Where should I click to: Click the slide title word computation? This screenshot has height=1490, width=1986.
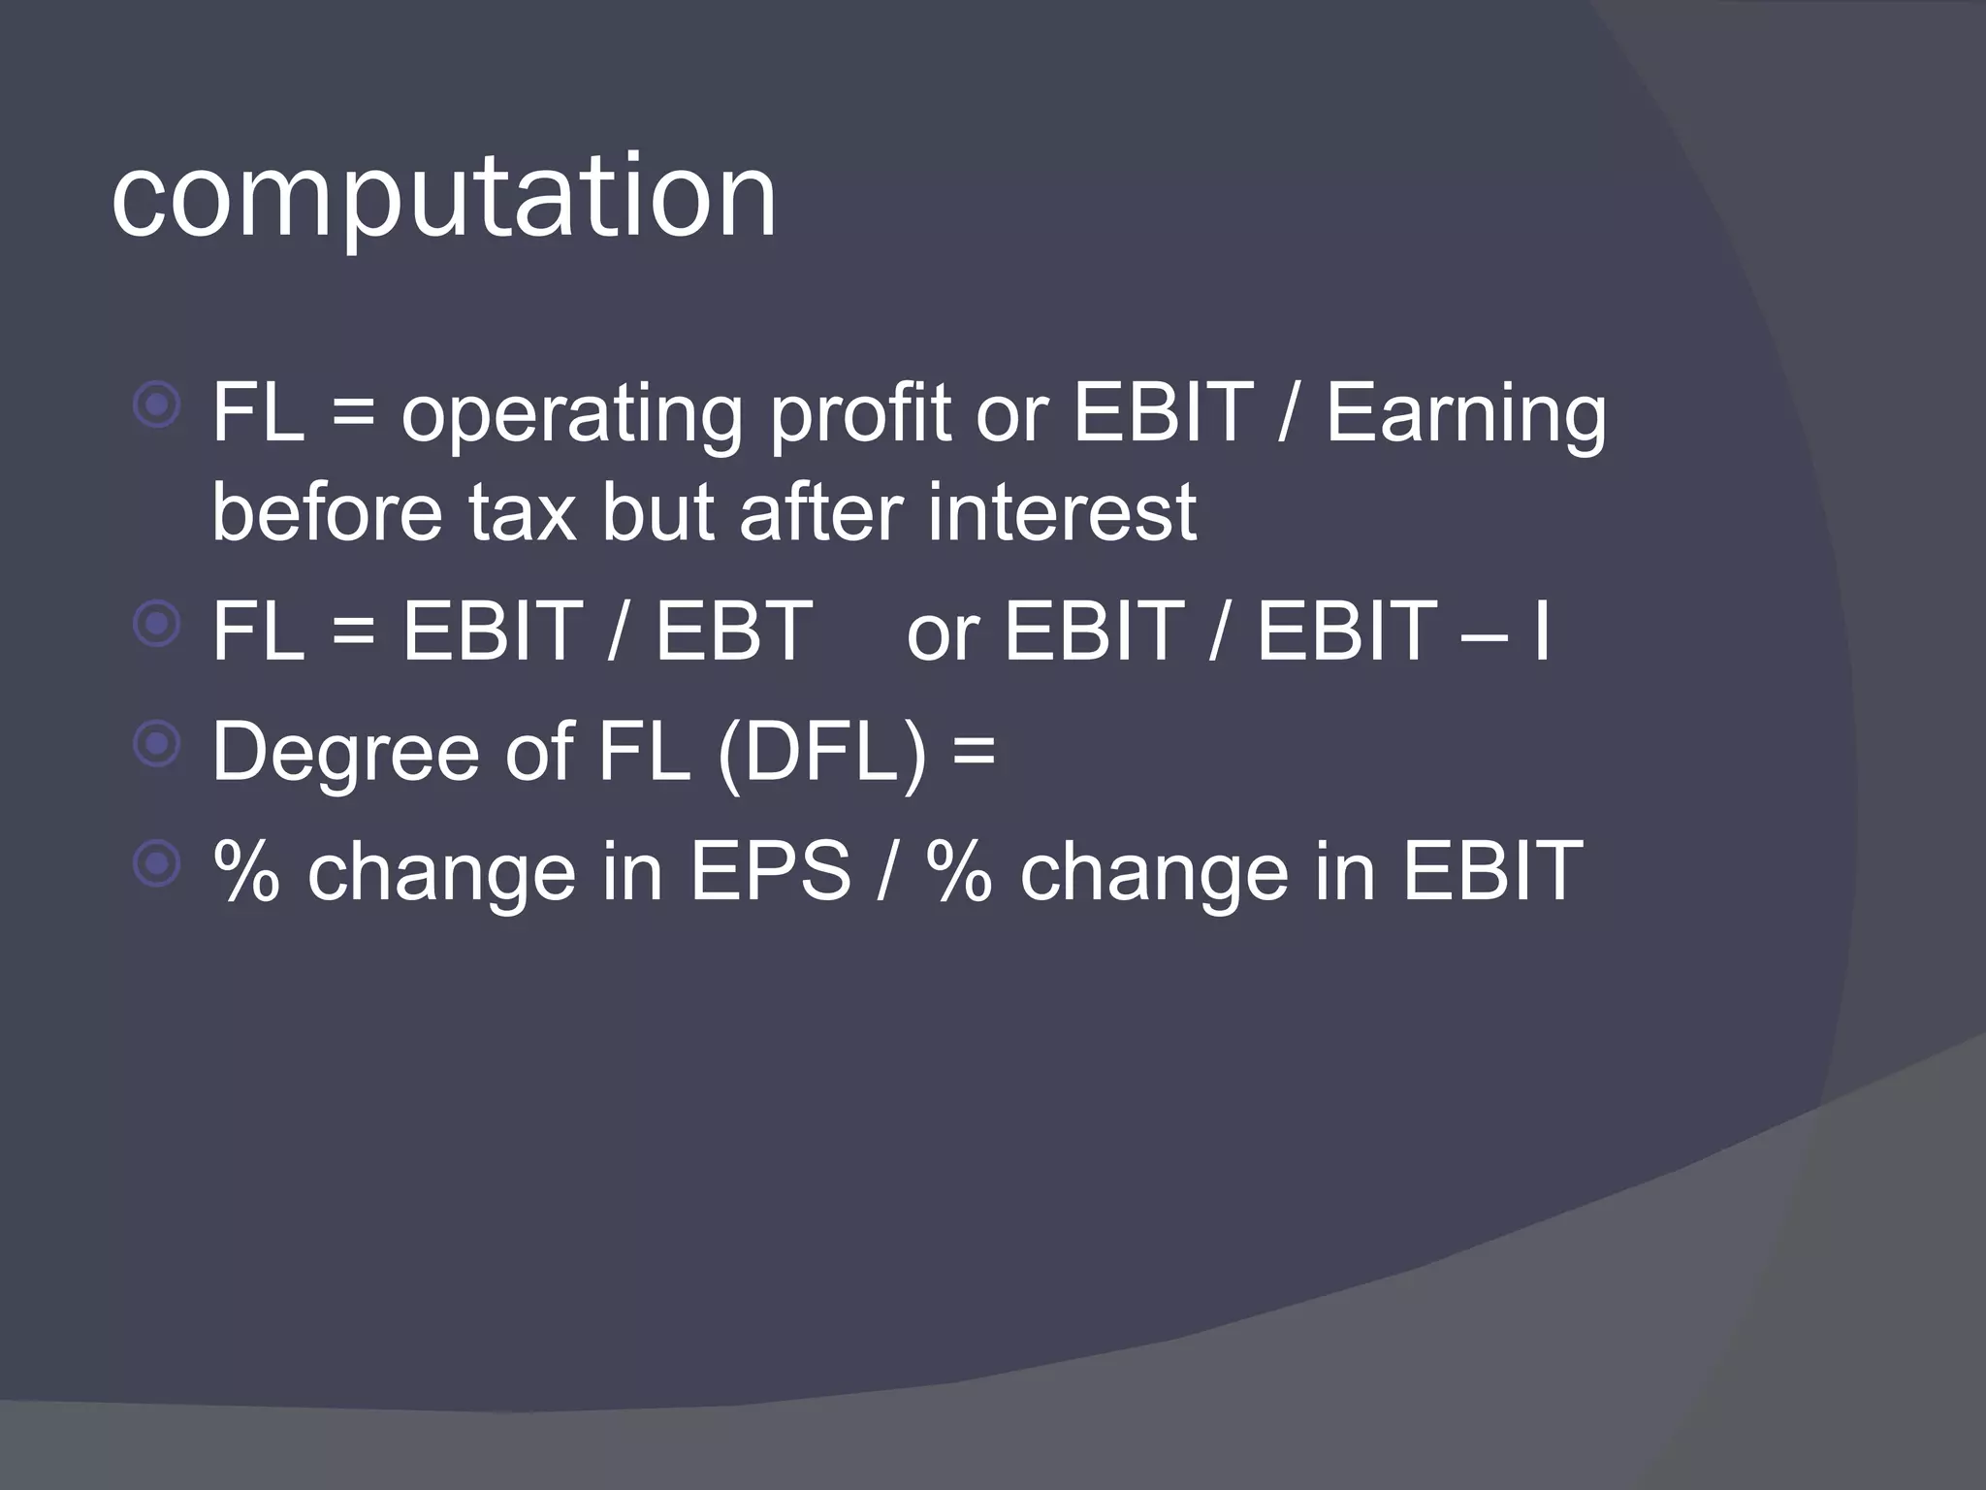point(444,199)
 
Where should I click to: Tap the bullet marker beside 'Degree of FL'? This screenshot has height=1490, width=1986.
point(157,745)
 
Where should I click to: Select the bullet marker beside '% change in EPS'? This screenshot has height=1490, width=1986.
point(157,864)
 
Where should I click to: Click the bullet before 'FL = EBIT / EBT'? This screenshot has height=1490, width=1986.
point(157,624)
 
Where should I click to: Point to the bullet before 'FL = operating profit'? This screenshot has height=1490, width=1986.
point(157,405)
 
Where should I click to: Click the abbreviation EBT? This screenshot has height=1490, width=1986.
point(734,632)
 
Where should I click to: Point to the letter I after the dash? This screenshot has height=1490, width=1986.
point(1542,632)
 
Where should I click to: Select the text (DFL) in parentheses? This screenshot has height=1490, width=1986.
point(822,753)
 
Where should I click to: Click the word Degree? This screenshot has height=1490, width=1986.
point(345,755)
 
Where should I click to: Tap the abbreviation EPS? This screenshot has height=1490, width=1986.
point(770,871)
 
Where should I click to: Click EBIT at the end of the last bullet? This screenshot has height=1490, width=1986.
point(1492,871)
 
